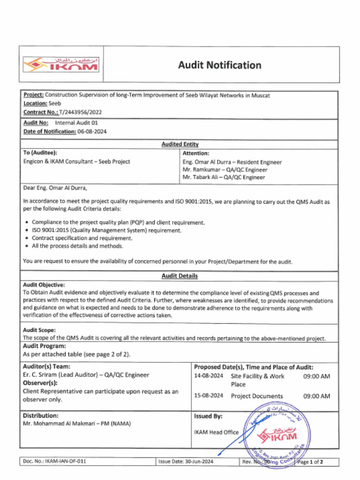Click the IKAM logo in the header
(x=61, y=64)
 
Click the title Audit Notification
(x=219, y=65)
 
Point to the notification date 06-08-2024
(x=92, y=131)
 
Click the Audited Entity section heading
(x=180, y=144)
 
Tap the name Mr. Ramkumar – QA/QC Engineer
(x=225, y=170)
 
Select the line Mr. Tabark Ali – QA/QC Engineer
(x=224, y=177)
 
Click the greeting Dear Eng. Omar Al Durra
(x=55, y=188)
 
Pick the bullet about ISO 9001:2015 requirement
(x=106, y=230)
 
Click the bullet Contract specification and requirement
(x=82, y=238)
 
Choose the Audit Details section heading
(x=180, y=276)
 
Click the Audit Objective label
(x=44, y=285)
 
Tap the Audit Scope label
(x=39, y=330)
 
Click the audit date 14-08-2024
(x=209, y=376)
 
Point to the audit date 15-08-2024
(x=209, y=396)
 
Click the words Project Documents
(x=257, y=396)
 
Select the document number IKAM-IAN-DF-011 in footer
(x=65, y=462)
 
